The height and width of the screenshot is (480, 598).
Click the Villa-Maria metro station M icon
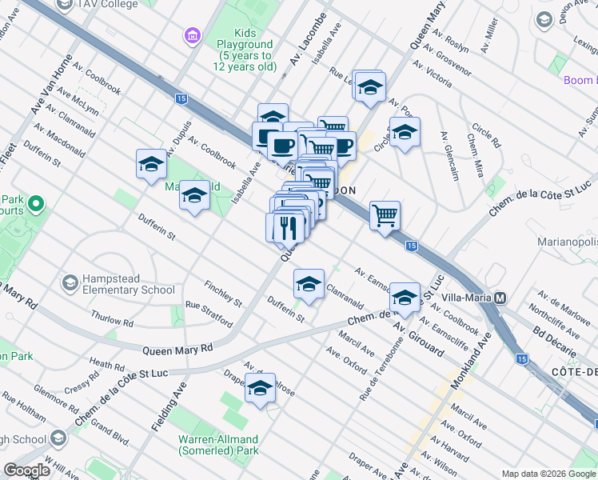coord(500,298)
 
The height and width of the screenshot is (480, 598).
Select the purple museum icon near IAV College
coord(191,36)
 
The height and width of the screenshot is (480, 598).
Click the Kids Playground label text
coord(244,55)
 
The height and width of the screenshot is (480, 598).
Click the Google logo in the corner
coord(27,470)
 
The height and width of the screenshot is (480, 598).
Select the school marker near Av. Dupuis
coord(150,165)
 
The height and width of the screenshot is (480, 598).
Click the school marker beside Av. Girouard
coord(405,298)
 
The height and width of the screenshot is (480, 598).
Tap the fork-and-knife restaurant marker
coord(289,227)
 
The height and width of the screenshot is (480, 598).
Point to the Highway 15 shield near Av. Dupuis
coord(181,98)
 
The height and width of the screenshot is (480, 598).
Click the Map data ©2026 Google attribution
coord(548,474)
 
